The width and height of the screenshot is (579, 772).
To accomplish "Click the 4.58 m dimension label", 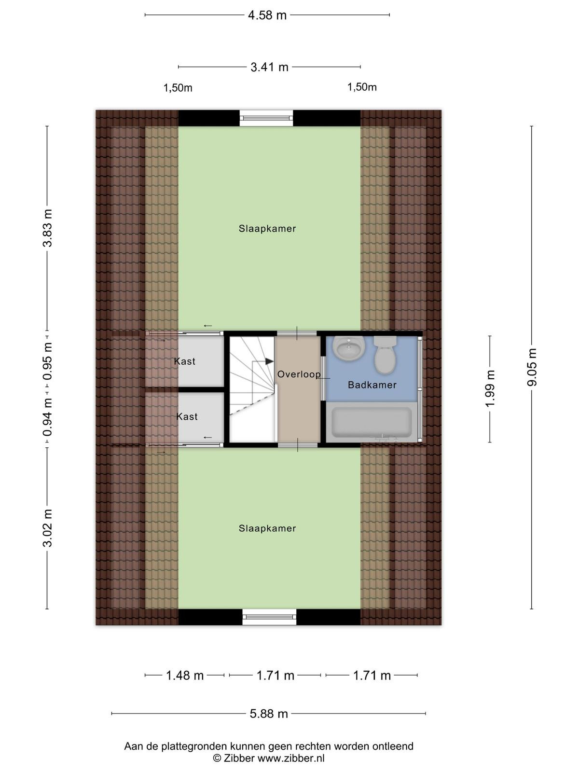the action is click(267, 15).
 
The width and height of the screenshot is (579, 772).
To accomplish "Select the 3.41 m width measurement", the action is click(269, 67).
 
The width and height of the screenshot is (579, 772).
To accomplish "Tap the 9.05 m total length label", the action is click(532, 367).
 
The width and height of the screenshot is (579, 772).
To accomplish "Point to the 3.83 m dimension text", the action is click(47, 228).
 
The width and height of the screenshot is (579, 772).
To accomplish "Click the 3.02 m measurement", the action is click(47, 527).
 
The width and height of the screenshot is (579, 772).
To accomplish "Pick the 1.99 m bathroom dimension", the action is click(490, 388).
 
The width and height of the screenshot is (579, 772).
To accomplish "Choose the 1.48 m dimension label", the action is click(185, 675).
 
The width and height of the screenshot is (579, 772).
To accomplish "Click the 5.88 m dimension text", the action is click(269, 714).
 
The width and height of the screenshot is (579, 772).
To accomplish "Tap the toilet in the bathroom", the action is click(386, 355).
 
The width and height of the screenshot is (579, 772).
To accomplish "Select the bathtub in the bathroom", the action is click(372, 422).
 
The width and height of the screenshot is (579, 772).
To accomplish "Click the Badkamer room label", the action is click(372, 385).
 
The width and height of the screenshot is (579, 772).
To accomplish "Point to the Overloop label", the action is click(299, 374).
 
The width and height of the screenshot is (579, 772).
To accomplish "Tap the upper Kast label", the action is click(185, 361).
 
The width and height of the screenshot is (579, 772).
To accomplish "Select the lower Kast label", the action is click(187, 416).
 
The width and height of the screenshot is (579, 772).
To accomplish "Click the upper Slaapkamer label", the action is click(267, 229).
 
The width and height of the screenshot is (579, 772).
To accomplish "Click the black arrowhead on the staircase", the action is click(269, 361).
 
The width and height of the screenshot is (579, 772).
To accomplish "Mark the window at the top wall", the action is click(266, 118).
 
